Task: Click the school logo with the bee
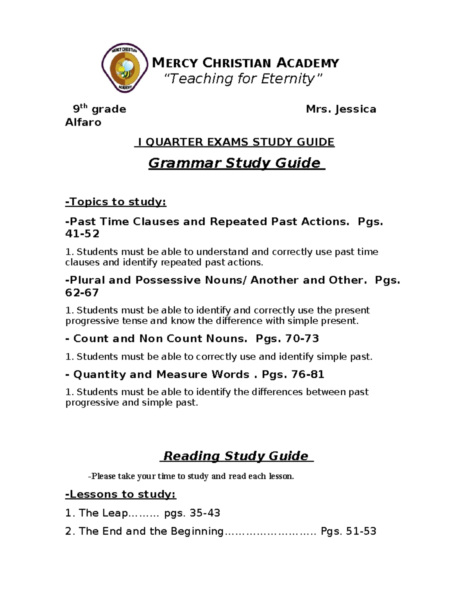pos(125,68)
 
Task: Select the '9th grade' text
pos(99,109)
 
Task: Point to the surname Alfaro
pos(83,122)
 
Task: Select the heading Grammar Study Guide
pos(236,163)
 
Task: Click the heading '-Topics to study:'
pos(116,202)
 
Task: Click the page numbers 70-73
pos(302,338)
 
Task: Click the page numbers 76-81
pos(308,374)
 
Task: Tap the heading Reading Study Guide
pos(236,456)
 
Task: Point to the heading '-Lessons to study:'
pos(120,494)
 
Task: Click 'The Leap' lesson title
pos(103,513)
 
